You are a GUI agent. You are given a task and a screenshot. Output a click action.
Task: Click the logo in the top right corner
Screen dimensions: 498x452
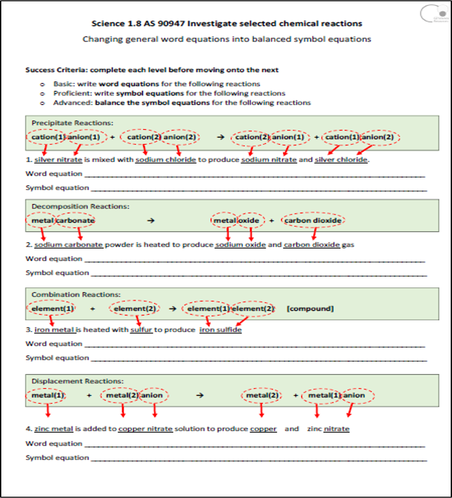433,14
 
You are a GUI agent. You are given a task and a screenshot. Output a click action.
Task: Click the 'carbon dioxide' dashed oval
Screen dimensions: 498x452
313,220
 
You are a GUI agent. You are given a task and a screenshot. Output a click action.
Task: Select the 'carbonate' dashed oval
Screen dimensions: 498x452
75,220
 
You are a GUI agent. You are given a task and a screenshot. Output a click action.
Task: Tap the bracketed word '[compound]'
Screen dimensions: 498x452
310,309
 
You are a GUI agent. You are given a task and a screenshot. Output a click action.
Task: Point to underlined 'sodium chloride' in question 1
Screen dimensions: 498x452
166,160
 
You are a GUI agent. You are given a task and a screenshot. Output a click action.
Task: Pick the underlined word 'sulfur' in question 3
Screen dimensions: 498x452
141,330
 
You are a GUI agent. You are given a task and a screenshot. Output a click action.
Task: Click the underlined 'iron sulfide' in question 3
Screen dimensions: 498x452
221,330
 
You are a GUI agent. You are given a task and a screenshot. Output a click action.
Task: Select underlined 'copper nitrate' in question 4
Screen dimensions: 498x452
145,429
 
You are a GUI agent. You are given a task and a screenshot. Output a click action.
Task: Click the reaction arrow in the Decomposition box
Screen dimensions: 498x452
151,220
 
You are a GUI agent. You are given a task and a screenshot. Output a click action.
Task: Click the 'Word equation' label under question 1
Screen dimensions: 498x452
54,173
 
